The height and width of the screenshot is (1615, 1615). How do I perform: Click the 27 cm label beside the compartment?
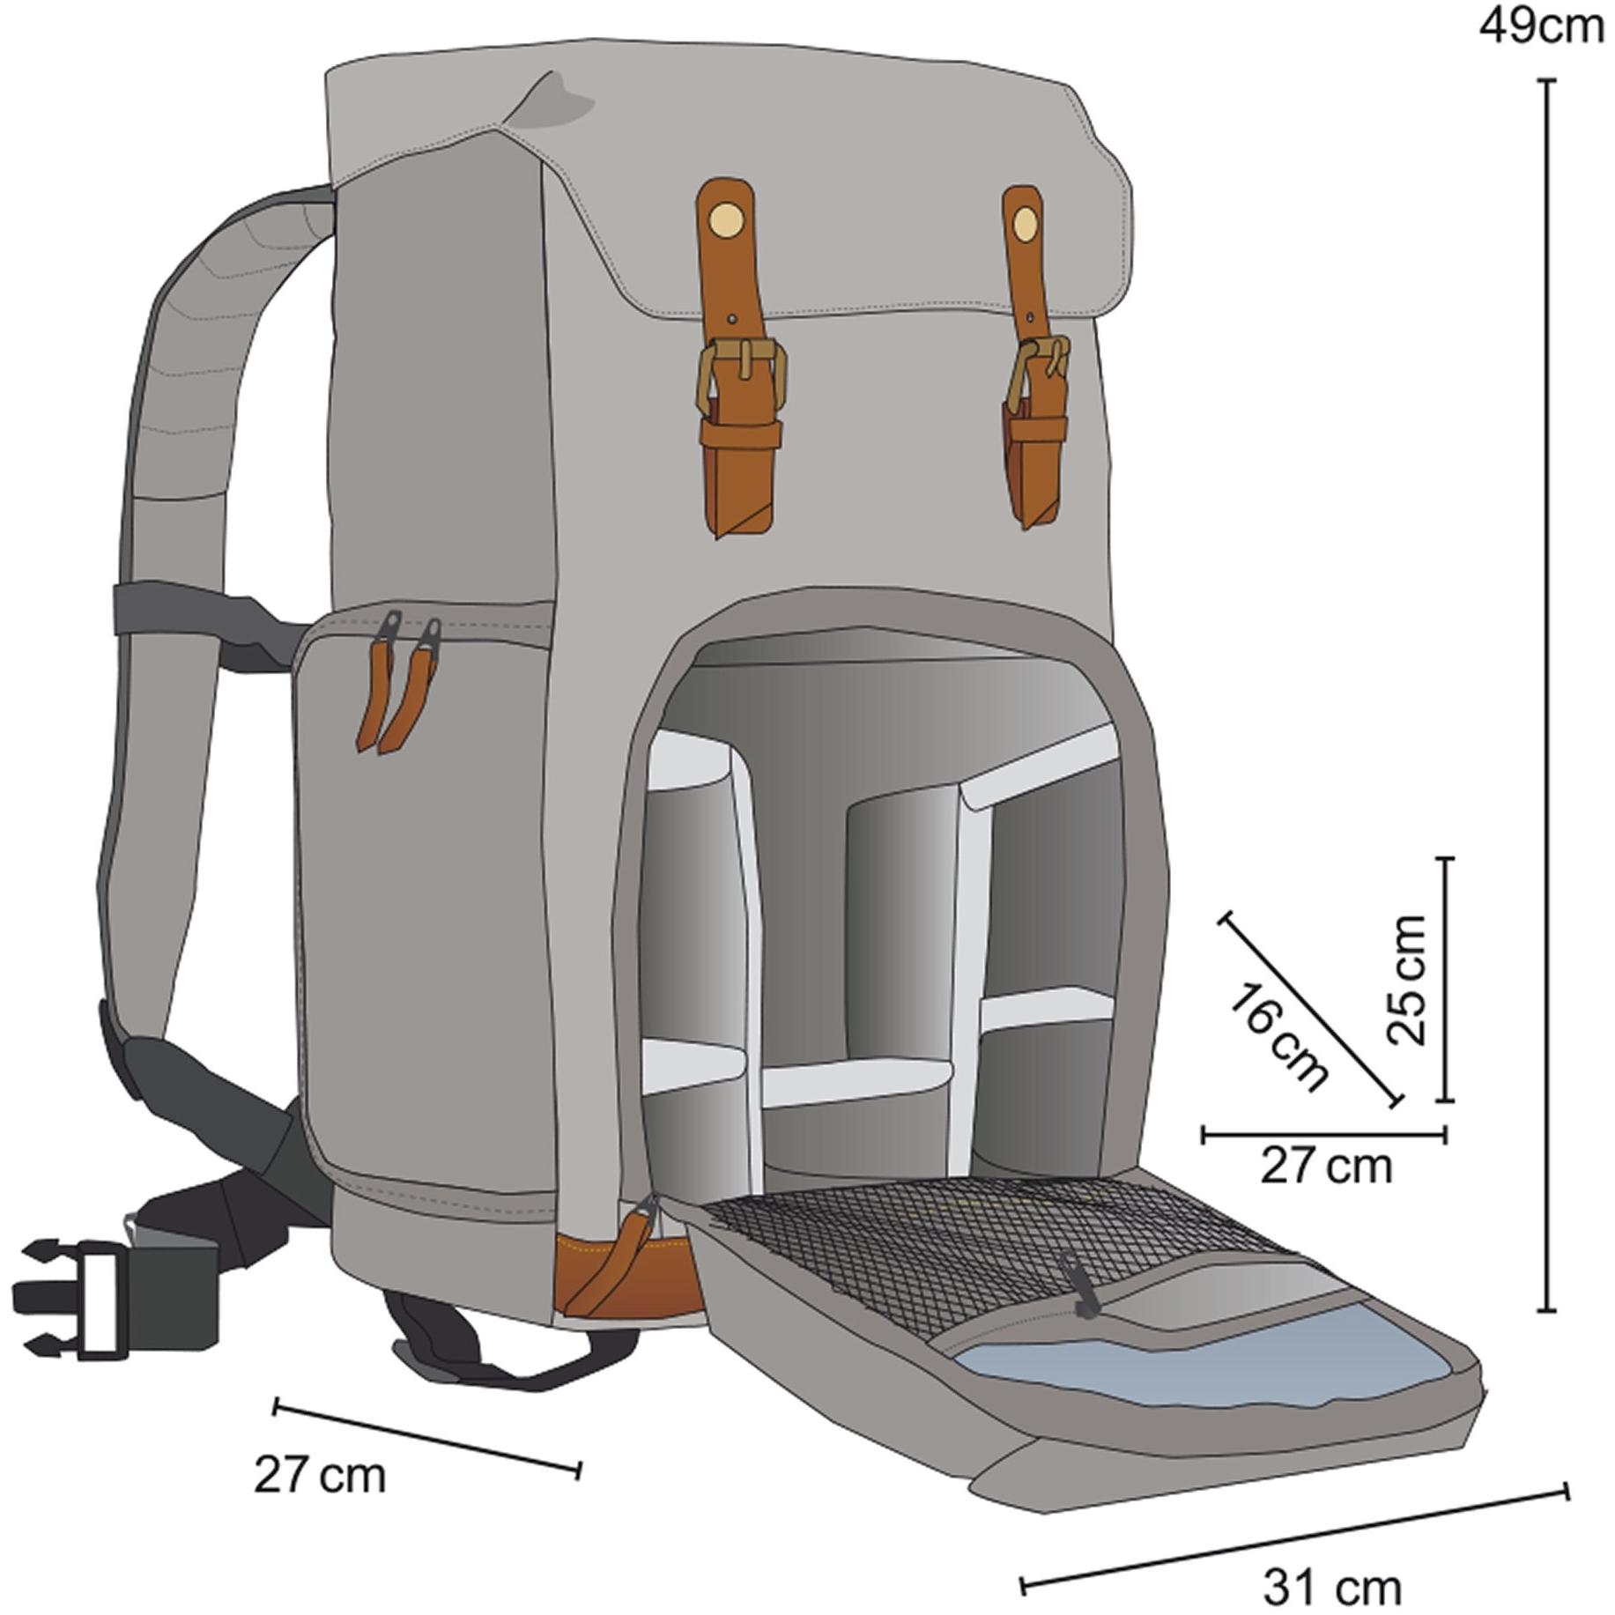(1327, 1167)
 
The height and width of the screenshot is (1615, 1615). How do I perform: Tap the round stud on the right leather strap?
(1024, 226)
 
